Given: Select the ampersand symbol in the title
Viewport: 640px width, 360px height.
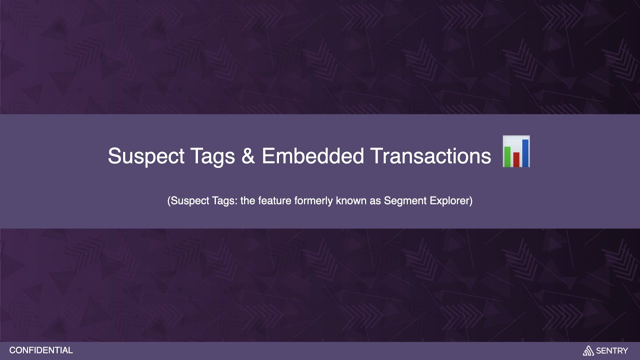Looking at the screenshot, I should [248, 156].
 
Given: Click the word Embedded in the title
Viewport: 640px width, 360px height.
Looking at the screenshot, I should [312, 156].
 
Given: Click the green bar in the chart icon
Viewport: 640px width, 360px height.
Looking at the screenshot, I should [507, 156].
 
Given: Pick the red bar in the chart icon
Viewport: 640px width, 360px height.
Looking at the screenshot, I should [516, 159].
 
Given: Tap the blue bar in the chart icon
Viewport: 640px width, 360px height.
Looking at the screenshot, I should [525, 152].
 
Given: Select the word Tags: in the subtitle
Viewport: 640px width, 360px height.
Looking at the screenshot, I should [222, 201].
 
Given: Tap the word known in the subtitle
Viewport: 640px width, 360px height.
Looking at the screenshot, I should [345, 201].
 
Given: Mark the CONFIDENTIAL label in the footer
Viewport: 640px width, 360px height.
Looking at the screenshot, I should [41, 350].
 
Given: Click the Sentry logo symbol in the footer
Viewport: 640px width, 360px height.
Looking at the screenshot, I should [588, 351].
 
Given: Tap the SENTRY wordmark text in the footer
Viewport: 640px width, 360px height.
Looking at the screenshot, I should [612, 351].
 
